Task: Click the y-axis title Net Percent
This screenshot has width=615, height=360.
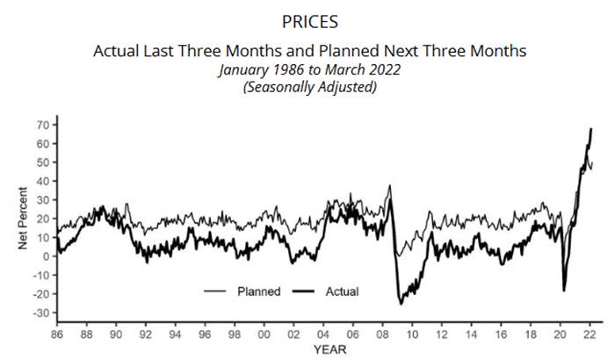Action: point(24,219)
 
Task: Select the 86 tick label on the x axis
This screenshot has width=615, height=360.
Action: point(57,335)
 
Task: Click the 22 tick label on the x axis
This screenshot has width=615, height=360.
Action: point(590,335)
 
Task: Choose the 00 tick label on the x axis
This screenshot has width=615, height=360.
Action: point(264,335)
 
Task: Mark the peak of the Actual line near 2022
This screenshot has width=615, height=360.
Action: point(591,129)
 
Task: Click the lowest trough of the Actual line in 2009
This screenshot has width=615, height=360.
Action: point(401,304)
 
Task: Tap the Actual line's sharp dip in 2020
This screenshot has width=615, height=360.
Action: point(564,290)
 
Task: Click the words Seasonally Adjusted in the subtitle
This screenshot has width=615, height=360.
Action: point(309,88)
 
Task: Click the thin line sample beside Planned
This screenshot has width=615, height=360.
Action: point(215,291)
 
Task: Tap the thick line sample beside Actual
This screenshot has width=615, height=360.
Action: point(303,291)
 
